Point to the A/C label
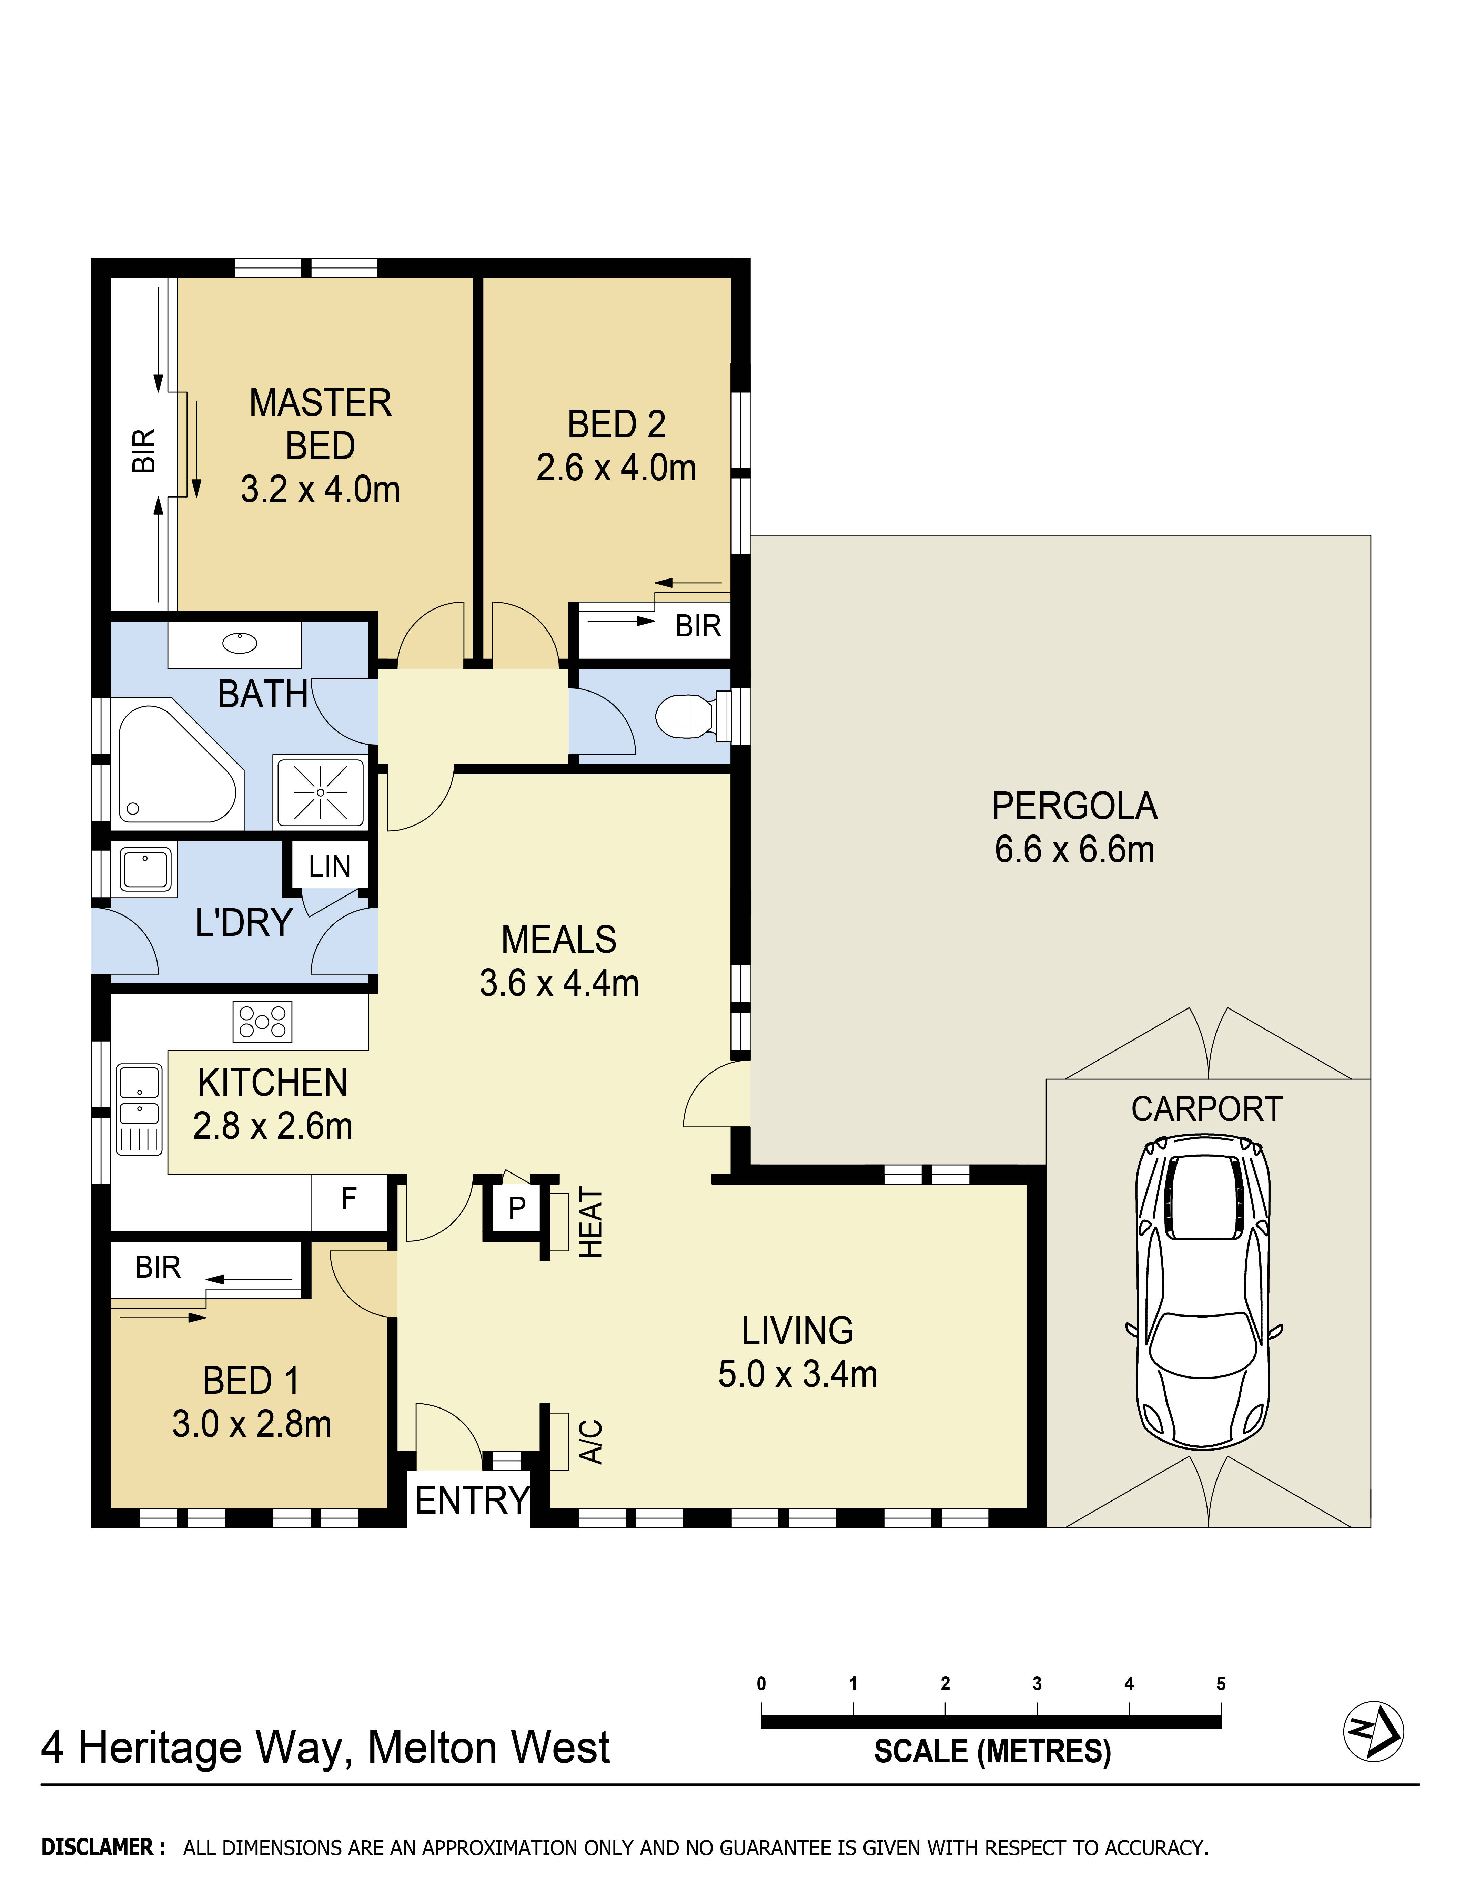point(591,1441)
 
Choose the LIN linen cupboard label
point(330,866)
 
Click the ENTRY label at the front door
point(472,1500)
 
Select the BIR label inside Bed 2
point(698,626)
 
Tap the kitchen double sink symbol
point(139,1109)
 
